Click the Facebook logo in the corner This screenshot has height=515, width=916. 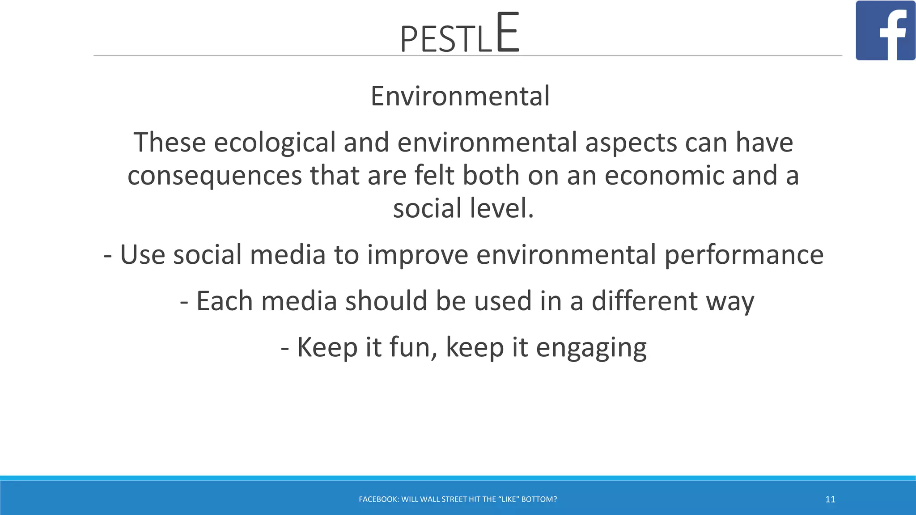[x=886, y=30]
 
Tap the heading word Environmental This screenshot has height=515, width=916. [x=460, y=96]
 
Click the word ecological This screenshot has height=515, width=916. [x=275, y=143]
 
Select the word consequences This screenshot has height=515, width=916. [x=215, y=176]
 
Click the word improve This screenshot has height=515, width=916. [x=418, y=255]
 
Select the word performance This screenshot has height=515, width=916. [x=744, y=255]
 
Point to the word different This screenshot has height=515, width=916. [x=645, y=301]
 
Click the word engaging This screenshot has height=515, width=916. [x=591, y=348]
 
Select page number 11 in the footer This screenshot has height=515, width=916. [x=830, y=499]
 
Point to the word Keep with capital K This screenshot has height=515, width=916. [x=327, y=347]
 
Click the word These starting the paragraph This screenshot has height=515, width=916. [x=170, y=143]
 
